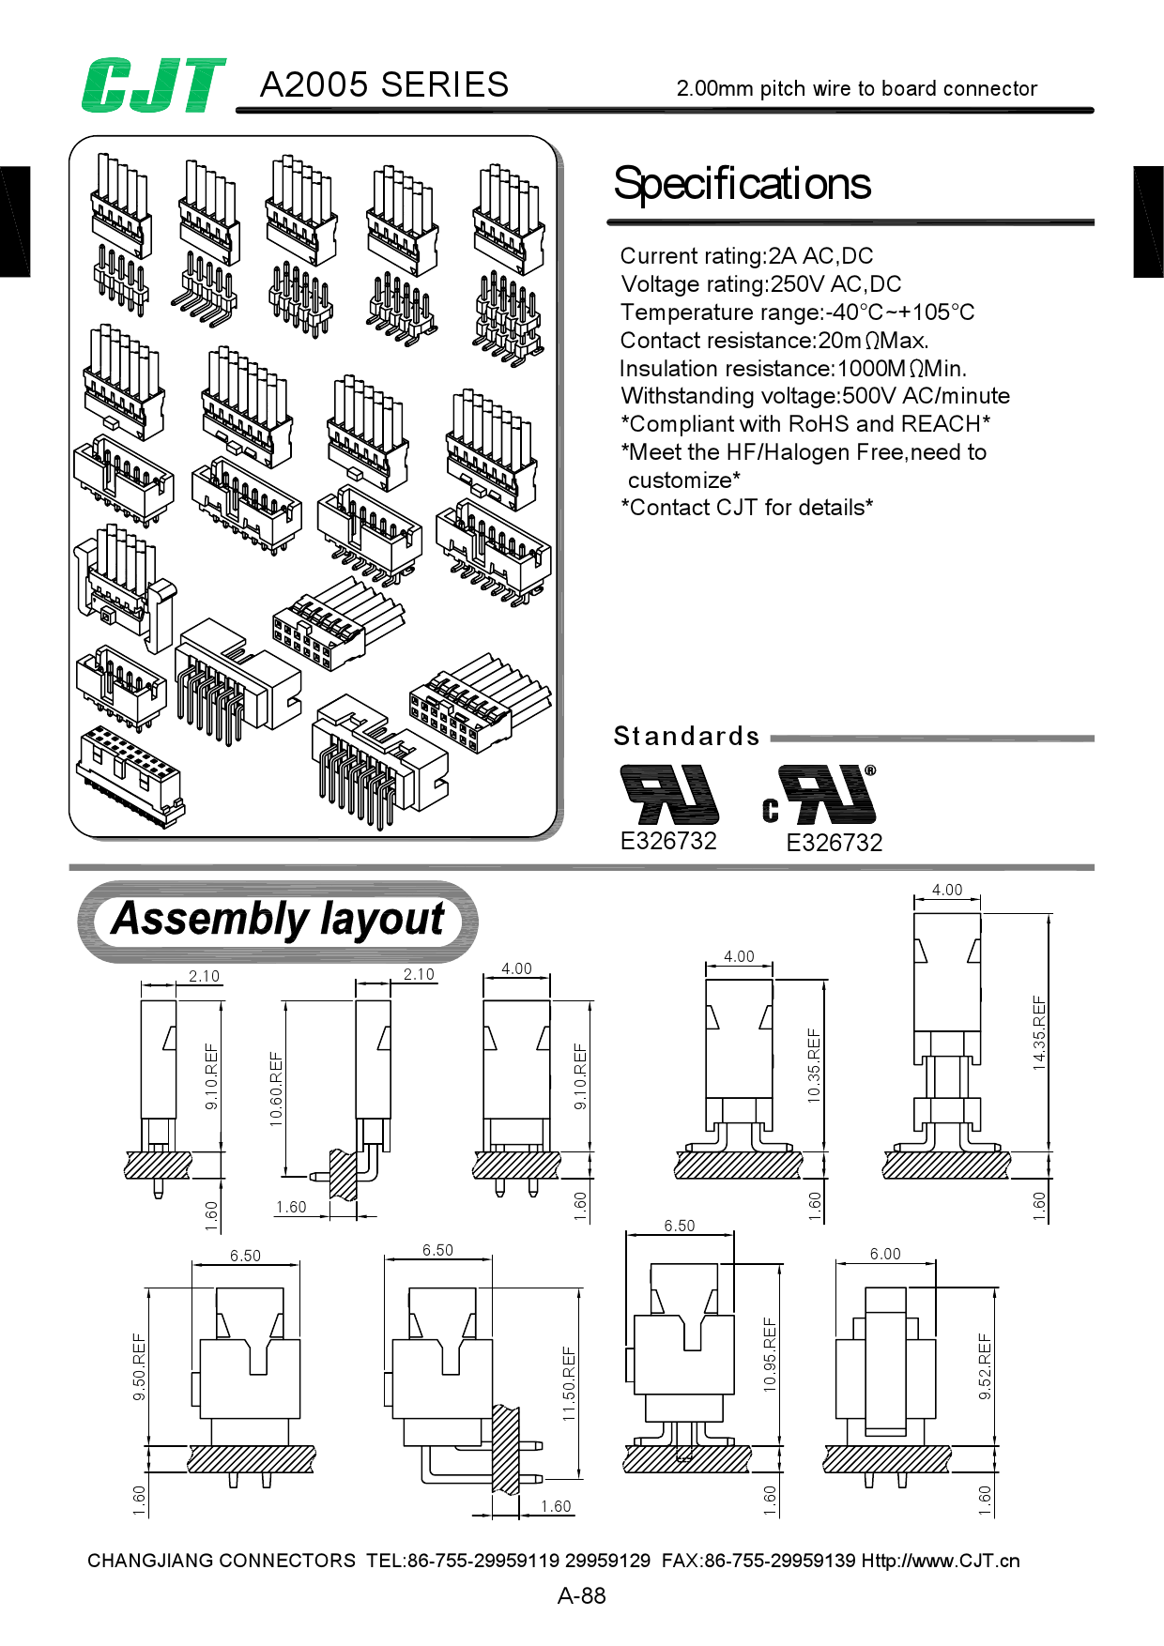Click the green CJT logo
click(153, 85)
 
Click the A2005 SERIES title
click(384, 84)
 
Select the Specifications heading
click(742, 184)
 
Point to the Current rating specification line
click(746, 256)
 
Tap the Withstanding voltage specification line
click(815, 396)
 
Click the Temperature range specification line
click(797, 312)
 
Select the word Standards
click(686, 736)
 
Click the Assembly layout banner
click(278, 921)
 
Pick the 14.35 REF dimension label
click(1039, 1032)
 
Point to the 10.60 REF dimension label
click(276, 1089)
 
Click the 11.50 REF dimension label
click(569, 1383)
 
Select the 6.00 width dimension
click(884, 1255)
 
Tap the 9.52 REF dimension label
click(985, 1366)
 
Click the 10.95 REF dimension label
click(770, 1354)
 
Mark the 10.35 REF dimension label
click(814, 1065)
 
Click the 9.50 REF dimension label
click(139, 1366)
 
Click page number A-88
click(581, 1595)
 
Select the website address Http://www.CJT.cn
click(940, 1561)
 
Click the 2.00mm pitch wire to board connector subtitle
click(856, 89)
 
